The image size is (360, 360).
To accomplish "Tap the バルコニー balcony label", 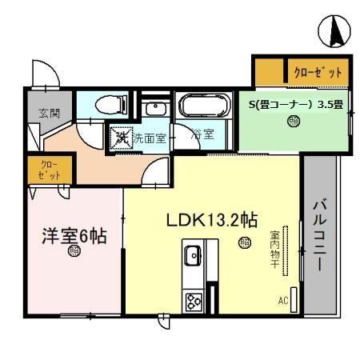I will (x=318, y=235).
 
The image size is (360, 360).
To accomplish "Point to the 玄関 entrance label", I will (x=38, y=114).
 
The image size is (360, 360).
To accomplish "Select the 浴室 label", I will (x=202, y=135).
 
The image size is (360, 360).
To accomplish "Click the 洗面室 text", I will (x=149, y=137).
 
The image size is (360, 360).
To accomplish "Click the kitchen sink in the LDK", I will (x=193, y=257).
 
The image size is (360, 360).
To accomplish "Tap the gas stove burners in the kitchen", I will (x=194, y=301).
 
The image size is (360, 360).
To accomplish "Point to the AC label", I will (x=282, y=301).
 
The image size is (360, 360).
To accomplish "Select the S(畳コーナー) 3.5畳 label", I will (x=295, y=102).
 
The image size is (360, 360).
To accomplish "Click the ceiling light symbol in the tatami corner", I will (x=294, y=122).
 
